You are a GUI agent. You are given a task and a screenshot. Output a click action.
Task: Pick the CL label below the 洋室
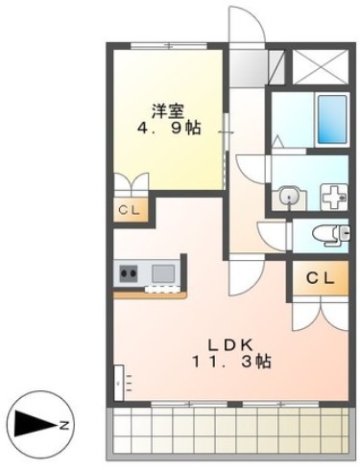(x=127, y=210)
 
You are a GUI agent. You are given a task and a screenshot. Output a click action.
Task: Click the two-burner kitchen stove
(x=129, y=273)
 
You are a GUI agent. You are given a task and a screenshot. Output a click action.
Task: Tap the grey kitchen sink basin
(x=161, y=273)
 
